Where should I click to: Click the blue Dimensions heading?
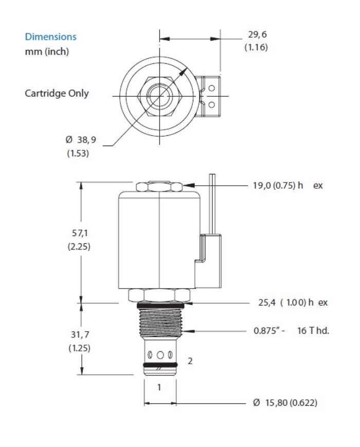coord(50,37)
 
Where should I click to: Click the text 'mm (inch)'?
coord(47,51)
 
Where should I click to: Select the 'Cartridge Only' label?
coord(57,94)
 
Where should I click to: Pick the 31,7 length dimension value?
coord(79,335)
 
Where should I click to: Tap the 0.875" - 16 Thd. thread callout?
coord(291,330)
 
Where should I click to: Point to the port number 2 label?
coord(190,361)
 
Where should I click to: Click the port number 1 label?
coord(159,387)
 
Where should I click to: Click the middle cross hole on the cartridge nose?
coord(160,354)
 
